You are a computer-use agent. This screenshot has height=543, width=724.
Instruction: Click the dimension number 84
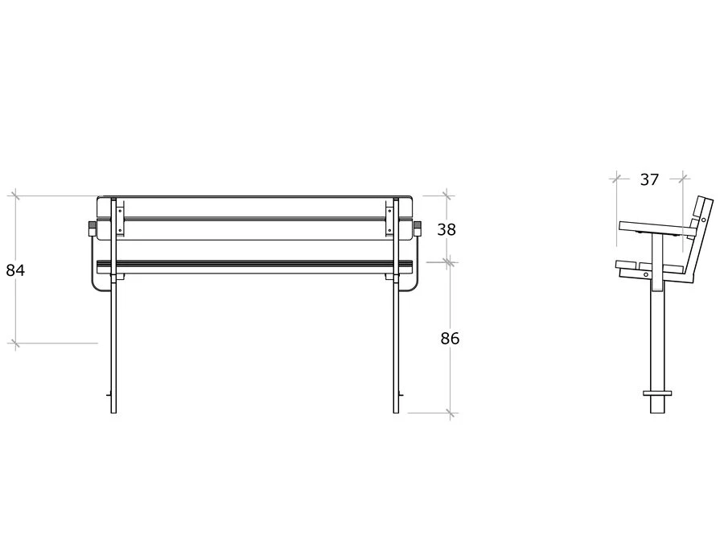coord(15,270)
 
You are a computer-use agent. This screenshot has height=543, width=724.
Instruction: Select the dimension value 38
coord(446,229)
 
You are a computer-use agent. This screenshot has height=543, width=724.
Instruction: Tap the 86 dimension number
coord(450,339)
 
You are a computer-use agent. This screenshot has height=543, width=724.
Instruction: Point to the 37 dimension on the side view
coord(649,179)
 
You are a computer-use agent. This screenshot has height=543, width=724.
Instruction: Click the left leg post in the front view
coord(113,306)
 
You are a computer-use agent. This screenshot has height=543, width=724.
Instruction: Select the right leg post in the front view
coord(396,306)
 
